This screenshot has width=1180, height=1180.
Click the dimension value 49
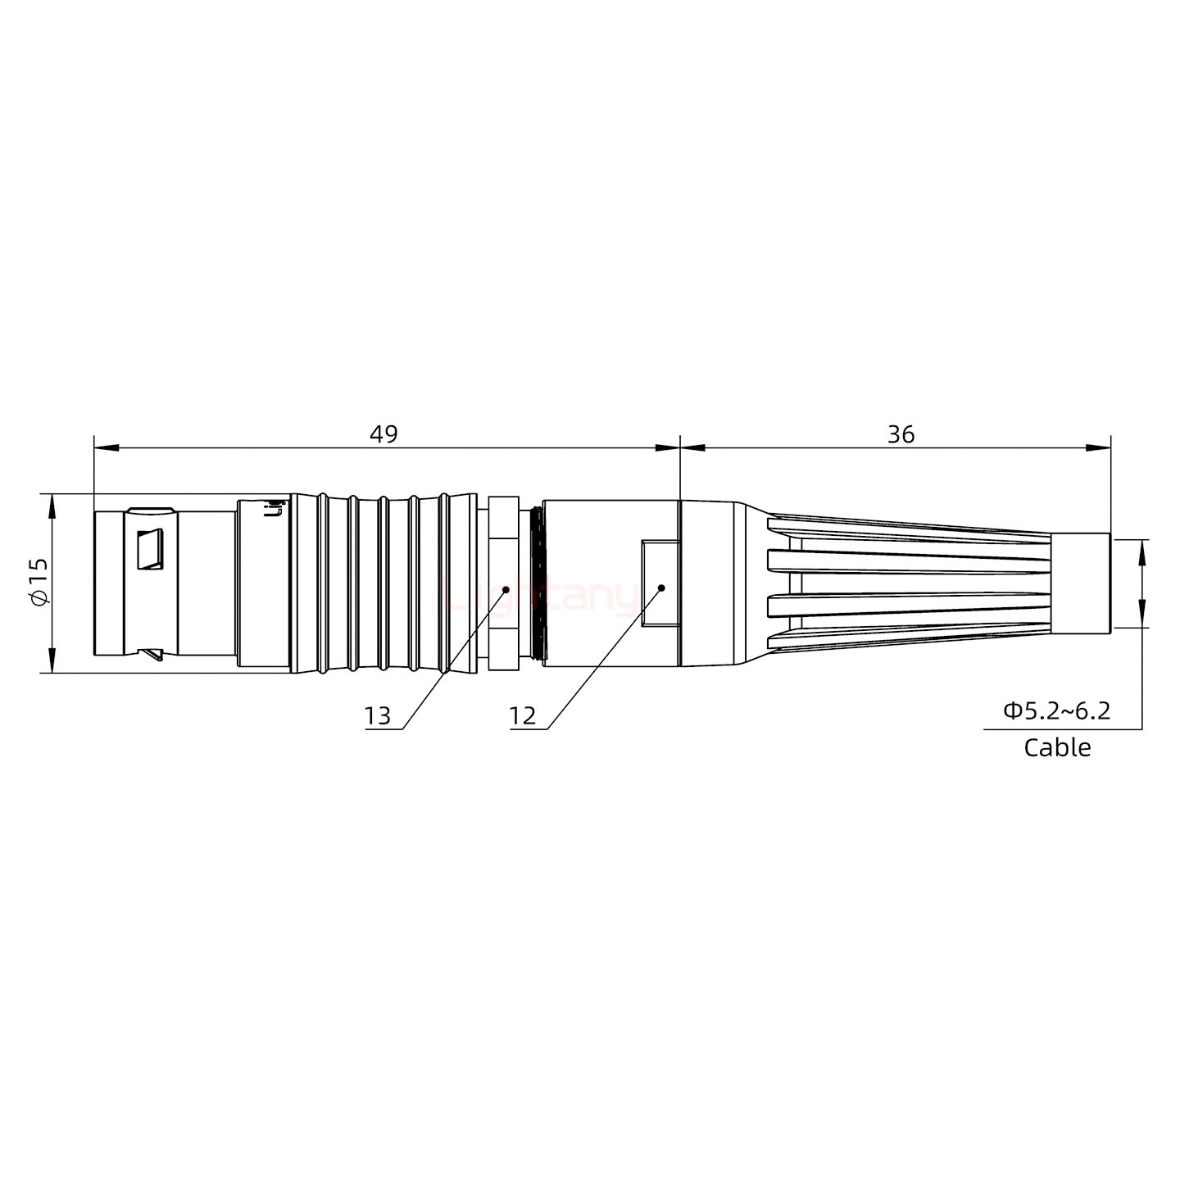[x=383, y=434]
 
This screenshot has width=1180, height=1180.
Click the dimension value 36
[x=900, y=434]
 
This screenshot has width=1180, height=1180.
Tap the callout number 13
[x=378, y=716]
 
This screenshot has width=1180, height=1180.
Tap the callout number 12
[x=522, y=716]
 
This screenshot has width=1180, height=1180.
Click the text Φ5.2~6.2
[x=1057, y=710]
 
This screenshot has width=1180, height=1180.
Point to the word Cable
[x=1057, y=747]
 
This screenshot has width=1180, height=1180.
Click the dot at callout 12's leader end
[x=660, y=588]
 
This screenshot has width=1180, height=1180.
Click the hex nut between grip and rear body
[x=503, y=583]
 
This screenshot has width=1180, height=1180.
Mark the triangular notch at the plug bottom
[x=152, y=654]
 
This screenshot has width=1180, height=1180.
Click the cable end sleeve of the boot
[x=1080, y=583]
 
